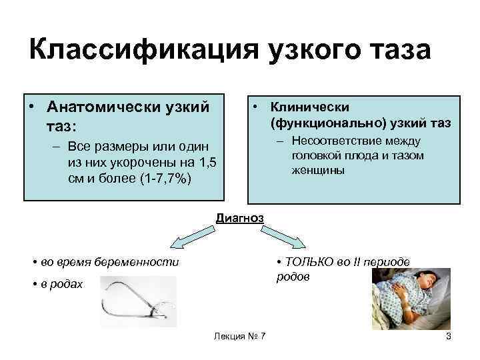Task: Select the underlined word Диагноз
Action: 239,218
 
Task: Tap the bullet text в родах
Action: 60,285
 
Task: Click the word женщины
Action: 317,171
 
